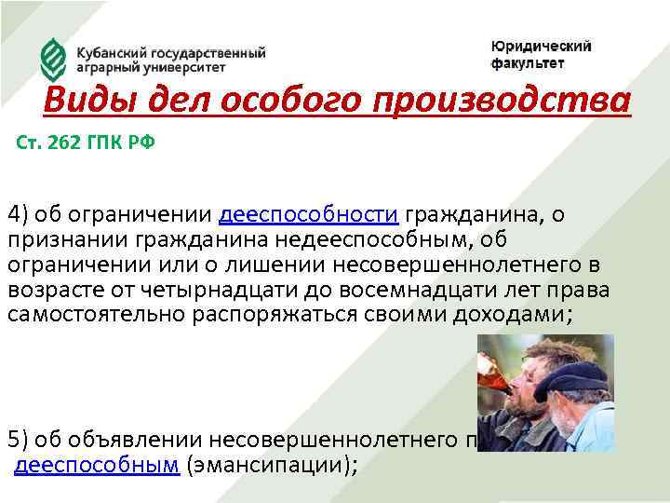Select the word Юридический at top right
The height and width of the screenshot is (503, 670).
tap(542, 47)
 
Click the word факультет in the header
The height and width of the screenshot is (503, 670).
tap(528, 64)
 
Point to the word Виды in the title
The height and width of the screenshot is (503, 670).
tap(87, 99)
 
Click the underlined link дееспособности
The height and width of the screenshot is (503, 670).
tap(309, 215)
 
